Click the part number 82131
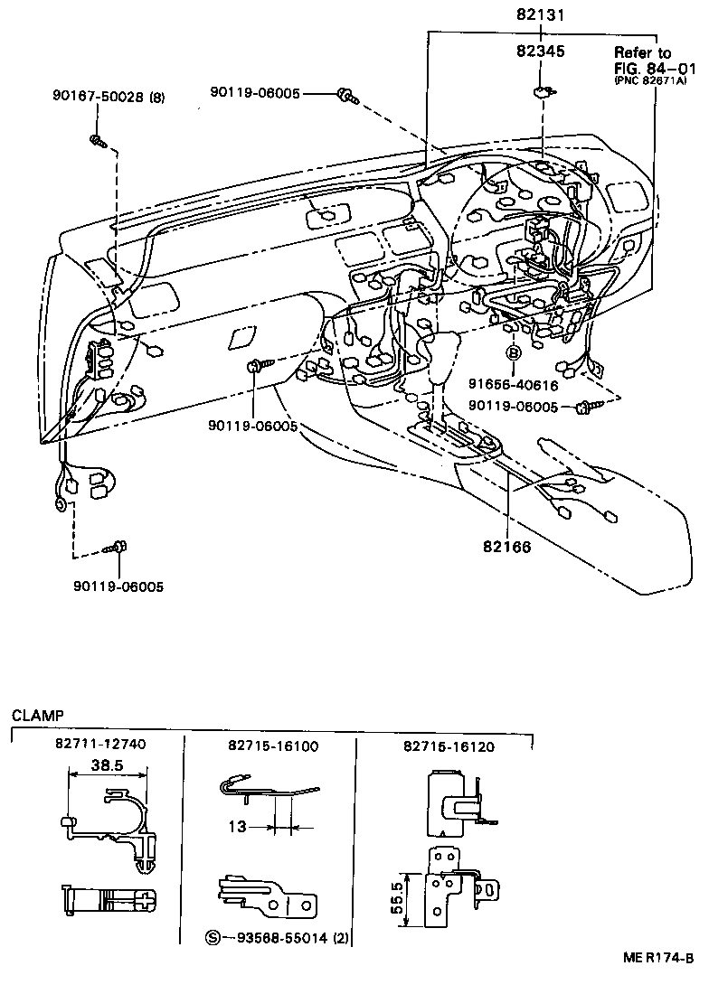[x=542, y=14]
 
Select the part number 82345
[x=542, y=52]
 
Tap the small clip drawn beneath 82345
[x=542, y=90]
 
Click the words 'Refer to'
[x=643, y=52]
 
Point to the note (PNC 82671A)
[x=652, y=81]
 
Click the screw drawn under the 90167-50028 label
[x=98, y=140]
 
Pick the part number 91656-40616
[x=512, y=384]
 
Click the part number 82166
[x=506, y=548]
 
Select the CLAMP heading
[x=37, y=715]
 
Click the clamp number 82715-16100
[x=267, y=745]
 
